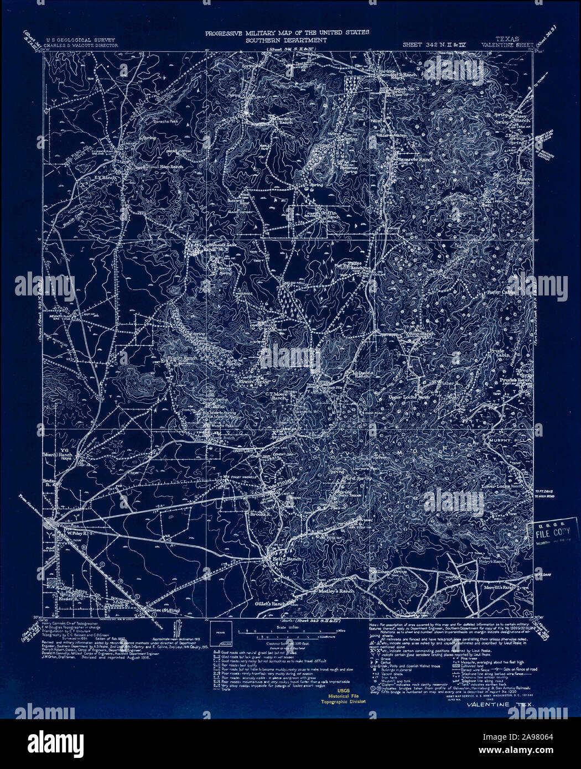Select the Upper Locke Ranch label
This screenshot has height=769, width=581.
[x=409, y=397]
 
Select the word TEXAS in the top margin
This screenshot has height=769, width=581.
[x=508, y=39]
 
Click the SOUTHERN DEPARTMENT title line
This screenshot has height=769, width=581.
[x=287, y=40]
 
